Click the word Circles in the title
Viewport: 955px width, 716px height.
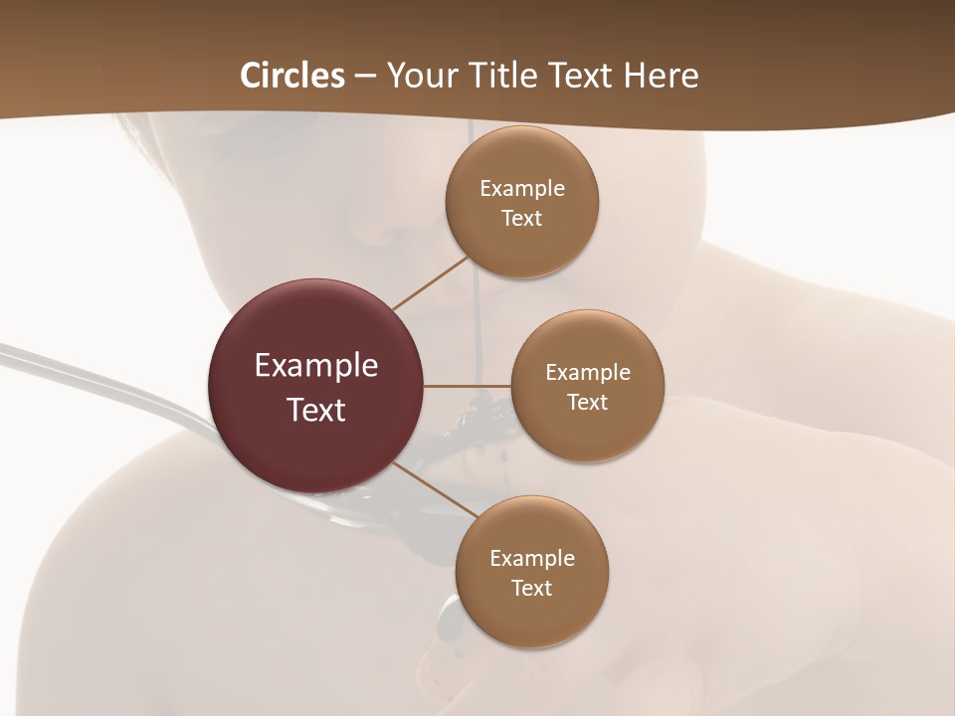coord(292,76)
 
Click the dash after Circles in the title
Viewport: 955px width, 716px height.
coord(365,77)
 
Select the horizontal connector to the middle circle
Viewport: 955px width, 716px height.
coord(468,386)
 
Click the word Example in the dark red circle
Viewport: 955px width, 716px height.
coord(316,366)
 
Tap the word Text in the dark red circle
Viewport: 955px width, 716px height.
coord(316,410)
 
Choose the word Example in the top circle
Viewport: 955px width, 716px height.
coord(522,189)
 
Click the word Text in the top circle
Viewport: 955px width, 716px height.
coord(522,219)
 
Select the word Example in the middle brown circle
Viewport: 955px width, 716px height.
coord(588,373)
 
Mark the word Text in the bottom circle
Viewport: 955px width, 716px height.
coord(532,589)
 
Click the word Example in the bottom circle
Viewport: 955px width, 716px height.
coord(532,559)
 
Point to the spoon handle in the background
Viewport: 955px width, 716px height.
coord(99,378)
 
